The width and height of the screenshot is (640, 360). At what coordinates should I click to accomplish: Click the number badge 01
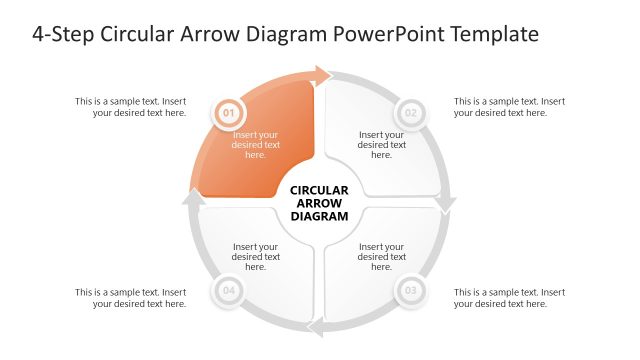(x=228, y=113)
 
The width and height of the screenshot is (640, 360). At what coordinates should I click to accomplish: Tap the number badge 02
(x=411, y=113)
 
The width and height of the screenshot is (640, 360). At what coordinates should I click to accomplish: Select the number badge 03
(x=411, y=292)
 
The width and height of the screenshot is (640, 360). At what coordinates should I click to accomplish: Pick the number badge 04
(x=228, y=292)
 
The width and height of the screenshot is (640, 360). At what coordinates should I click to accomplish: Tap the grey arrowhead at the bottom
(x=316, y=328)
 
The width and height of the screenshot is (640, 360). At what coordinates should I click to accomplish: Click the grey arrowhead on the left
(x=194, y=198)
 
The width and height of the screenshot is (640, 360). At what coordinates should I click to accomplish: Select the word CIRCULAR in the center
(x=319, y=190)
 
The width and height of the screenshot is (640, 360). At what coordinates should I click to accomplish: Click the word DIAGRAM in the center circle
(x=319, y=216)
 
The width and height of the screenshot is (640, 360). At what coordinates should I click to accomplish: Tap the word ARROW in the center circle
(x=319, y=203)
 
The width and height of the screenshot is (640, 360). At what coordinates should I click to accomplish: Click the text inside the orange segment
(x=256, y=145)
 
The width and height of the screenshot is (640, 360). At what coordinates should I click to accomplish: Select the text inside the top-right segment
(x=382, y=145)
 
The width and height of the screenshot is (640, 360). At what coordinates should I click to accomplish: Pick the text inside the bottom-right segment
(x=382, y=257)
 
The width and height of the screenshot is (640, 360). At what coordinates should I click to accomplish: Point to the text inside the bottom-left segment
(x=256, y=257)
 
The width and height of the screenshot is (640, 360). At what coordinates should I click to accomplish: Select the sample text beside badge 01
(x=130, y=107)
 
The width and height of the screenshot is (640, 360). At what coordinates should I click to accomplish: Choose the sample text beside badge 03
(x=509, y=298)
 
